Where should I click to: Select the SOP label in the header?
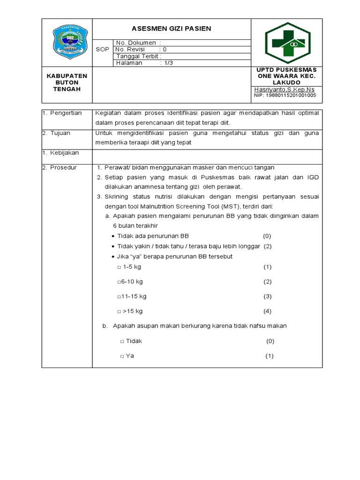[x=102, y=49]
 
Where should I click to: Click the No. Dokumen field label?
[x=136, y=43]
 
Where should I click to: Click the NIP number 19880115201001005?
[x=285, y=95]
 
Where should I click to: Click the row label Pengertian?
[x=66, y=113]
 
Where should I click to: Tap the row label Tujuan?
[x=60, y=133]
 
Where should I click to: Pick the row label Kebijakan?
[x=64, y=153]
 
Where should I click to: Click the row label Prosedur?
[x=63, y=167]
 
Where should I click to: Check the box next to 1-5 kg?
[x=119, y=267]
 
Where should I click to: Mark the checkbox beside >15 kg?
[x=119, y=312]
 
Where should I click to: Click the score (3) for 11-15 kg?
[x=267, y=296]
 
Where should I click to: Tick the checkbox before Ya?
[x=122, y=356]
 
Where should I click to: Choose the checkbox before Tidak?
[x=122, y=342]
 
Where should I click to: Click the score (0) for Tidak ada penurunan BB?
[x=267, y=236]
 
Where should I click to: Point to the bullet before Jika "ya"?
[x=113, y=257]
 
